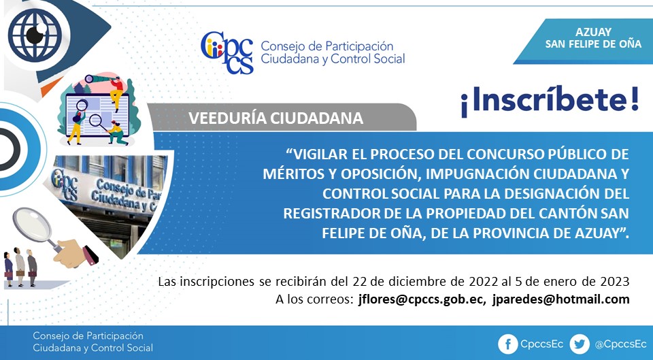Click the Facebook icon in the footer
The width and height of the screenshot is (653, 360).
507,344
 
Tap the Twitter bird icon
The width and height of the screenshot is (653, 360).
580,344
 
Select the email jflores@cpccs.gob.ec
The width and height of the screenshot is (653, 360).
420,299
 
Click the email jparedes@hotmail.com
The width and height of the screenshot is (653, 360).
560,299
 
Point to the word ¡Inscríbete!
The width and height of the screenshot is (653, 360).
550,101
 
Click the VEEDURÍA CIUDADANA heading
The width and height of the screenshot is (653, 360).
275,118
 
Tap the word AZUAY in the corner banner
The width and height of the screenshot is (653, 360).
593,32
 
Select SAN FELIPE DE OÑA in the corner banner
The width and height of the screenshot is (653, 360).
593,44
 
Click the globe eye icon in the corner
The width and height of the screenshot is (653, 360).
35,35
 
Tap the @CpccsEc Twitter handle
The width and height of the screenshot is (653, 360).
620,344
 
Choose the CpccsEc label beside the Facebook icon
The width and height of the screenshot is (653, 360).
542,344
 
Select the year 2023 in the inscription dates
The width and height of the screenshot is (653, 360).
614,281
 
